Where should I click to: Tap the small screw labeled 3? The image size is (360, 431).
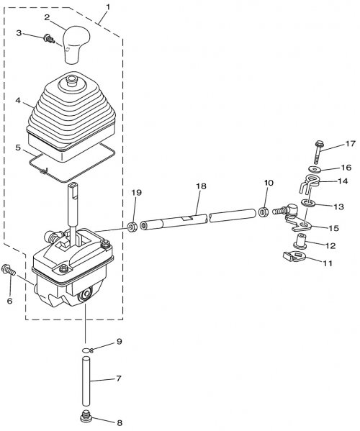tap(49, 39)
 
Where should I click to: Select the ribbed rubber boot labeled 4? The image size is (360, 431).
tap(72, 117)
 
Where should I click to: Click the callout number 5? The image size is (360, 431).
tap(18, 148)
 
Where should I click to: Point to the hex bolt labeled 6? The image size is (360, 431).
tap(9, 269)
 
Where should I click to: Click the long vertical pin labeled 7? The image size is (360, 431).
tap(86, 381)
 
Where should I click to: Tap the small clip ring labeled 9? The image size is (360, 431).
tap(88, 350)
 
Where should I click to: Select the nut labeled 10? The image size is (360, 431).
tap(264, 212)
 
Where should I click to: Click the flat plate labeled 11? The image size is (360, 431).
tap(294, 257)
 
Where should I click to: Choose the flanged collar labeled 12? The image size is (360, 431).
tap(300, 241)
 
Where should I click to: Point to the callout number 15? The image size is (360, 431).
tap(336, 228)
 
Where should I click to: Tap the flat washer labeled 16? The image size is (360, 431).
tap(312, 168)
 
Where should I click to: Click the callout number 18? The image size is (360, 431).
tap(201, 186)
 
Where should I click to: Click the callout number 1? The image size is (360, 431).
tap(108, 7)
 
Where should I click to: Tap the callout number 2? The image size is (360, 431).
tap(47, 17)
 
